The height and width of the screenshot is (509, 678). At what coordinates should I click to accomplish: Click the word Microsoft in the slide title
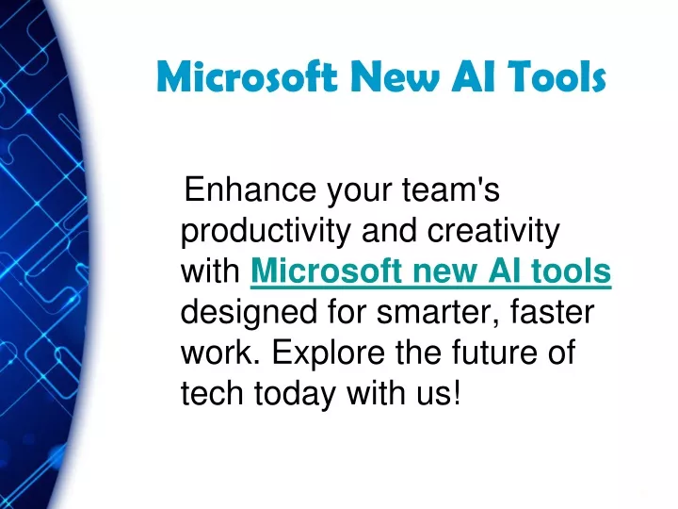click(247, 76)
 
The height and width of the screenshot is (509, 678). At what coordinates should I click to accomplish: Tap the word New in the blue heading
click(395, 76)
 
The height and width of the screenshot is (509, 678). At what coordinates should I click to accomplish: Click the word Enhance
click(250, 189)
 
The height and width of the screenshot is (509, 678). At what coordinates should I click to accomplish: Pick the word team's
click(450, 189)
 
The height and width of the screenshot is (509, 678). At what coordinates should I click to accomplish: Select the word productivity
click(266, 232)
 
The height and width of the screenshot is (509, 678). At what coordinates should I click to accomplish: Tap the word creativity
click(493, 232)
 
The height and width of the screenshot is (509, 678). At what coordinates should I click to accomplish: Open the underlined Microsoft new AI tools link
click(430, 271)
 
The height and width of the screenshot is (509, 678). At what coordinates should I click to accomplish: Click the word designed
click(249, 313)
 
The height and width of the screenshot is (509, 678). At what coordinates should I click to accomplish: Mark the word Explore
click(329, 353)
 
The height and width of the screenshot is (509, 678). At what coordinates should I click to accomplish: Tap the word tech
click(212, 393)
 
